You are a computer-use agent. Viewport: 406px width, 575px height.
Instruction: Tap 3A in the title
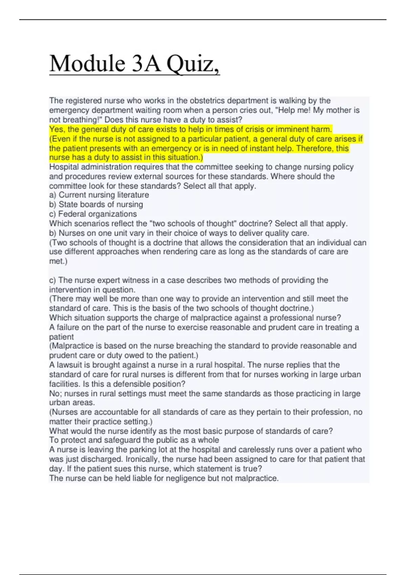(x=146, y=64)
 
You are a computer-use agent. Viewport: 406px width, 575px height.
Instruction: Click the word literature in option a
(x=132, y=195)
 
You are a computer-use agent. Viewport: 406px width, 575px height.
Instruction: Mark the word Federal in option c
(x=71, y=214)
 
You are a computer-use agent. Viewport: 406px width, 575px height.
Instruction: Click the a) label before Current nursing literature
(x=53, y=195)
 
